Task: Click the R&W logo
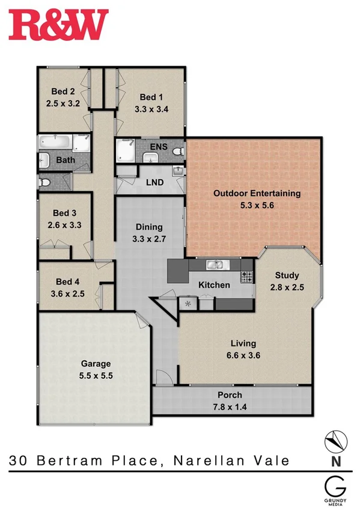point(58,25)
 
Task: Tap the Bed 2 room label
point(62,91)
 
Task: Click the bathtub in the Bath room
point(55,142)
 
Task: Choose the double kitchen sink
point(214,265)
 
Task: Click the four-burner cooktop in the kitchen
point(246,277)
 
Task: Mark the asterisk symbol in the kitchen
point(188,304)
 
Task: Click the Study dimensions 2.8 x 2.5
point(287,287)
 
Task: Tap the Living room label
point(243,343)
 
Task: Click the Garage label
point(96,364)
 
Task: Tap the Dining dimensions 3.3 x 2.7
point(149,238)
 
